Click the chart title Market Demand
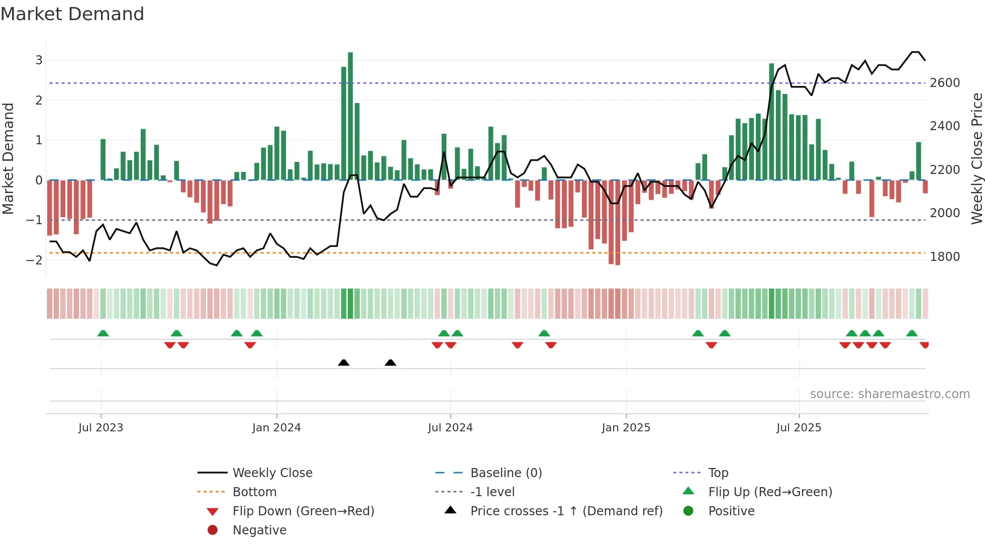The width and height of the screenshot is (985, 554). tap(72, 14)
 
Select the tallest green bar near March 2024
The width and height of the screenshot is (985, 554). tap(350, 116)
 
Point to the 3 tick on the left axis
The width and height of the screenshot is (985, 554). tap(39, 60)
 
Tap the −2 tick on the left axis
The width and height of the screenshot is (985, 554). tap(35, 260)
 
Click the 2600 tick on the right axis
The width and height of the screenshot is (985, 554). tap(945, 83)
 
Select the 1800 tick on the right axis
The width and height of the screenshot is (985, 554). tap(945, 257)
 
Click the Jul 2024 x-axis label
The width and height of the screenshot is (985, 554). tap(450, 428)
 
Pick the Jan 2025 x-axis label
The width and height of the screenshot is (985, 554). tap(626, 428)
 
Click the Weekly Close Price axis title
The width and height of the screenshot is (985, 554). tap(976, 158)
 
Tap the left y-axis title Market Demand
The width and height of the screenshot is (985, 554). tap(8, 158)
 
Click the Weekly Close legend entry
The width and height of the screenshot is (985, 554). tap(272, 473)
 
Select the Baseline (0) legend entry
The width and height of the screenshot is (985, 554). tap(506, 473)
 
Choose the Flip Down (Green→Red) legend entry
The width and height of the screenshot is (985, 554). tap(303, 511)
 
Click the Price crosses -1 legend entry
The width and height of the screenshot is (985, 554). tap(566, 511)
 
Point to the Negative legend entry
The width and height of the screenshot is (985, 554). tap(259, 530)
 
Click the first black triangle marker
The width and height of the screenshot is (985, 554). tap(344, 362)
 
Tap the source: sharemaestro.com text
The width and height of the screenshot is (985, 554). tap(890, 394)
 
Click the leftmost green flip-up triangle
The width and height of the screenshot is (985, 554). tap(103, 333)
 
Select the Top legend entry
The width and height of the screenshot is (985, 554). tap(718, 473)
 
